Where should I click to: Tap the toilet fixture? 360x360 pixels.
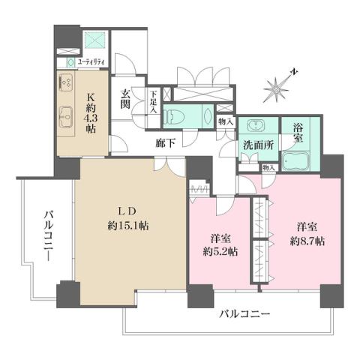pyautogui.click(x=175, y=115)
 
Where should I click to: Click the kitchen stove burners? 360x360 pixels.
pyautogui.click(x=64, y=83)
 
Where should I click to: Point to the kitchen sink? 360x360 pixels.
pyautogui.click(x=64, y=117)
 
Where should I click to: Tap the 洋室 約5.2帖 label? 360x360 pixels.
pyautogui.click(x=223, y=245)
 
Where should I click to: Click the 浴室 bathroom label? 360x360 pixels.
pyautogui.click(x=298, y=133)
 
